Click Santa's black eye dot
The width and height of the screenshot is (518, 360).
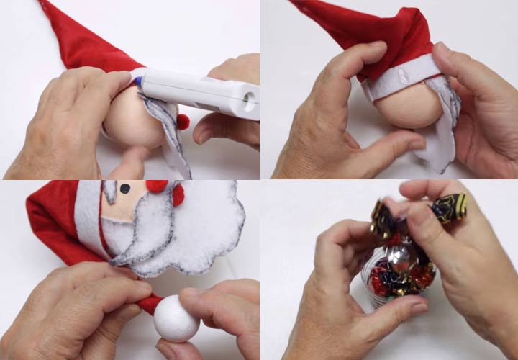(x=124, y=189)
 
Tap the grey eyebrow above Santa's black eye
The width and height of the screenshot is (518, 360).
(x=110, y=191)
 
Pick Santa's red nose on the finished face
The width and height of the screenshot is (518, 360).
(x=156, y=186)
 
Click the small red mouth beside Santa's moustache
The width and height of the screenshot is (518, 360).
(x=178, y=194)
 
